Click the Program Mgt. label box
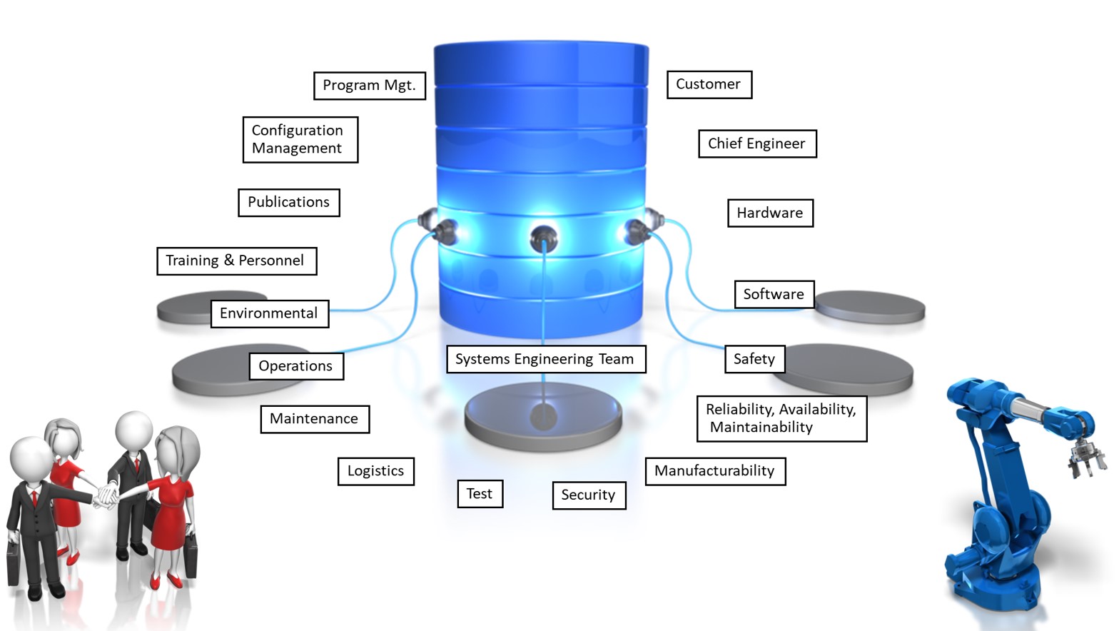click(x=370, y=86)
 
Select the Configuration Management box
click(x=300, y=140)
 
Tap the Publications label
click(x=289, y=203)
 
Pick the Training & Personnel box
click(x=236, y=261)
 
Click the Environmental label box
click(x=270, y=314)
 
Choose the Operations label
click(x=296, y=366)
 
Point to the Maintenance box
click(x=315, y=419)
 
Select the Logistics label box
click(x=376, y=471)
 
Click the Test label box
click(x=480, y=494)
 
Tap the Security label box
click(x=589, y=495)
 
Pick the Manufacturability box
click(x=715, y=471)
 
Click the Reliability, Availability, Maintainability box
click(x=781, y=419)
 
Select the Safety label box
click(x=754, y=359)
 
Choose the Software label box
click(x=774, y=294)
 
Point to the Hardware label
click(x=770, y=213)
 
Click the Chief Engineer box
click(x=757, y=144)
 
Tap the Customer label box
click(x=709, y=85)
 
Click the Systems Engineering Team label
click(x=545, y=359)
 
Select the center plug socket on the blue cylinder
click(x=543, y=237)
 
